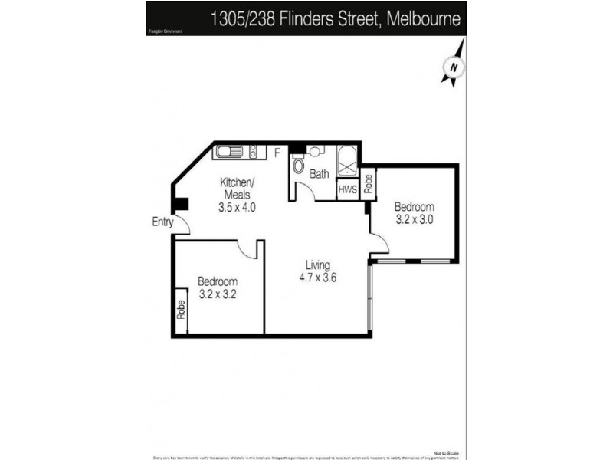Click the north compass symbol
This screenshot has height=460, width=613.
pyautogui.click(x=454, y=67)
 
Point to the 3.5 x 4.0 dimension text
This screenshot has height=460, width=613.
pyautogui.click(x=236, y=207)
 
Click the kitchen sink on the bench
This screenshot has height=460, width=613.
pyautogui.click(x=229, y=152)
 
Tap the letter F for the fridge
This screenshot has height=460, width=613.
pyautogui.click(x=277, y=153)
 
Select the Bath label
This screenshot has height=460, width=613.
pyautogui.click(x=319, y=174)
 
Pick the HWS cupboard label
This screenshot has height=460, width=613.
pyautogui.click(x=348, y=189)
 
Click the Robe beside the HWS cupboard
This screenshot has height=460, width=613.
pyautogui.click(x=369, y=183)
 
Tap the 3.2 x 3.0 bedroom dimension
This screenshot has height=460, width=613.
pyautogui.click(x=415, y=219)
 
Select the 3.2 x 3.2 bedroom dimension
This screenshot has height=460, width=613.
pyautogui.click(x=217, y=294)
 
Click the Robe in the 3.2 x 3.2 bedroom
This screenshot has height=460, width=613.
pyautogui.click(x=182, y=310)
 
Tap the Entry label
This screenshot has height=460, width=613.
pyautogui.click(x=162, y=222)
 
